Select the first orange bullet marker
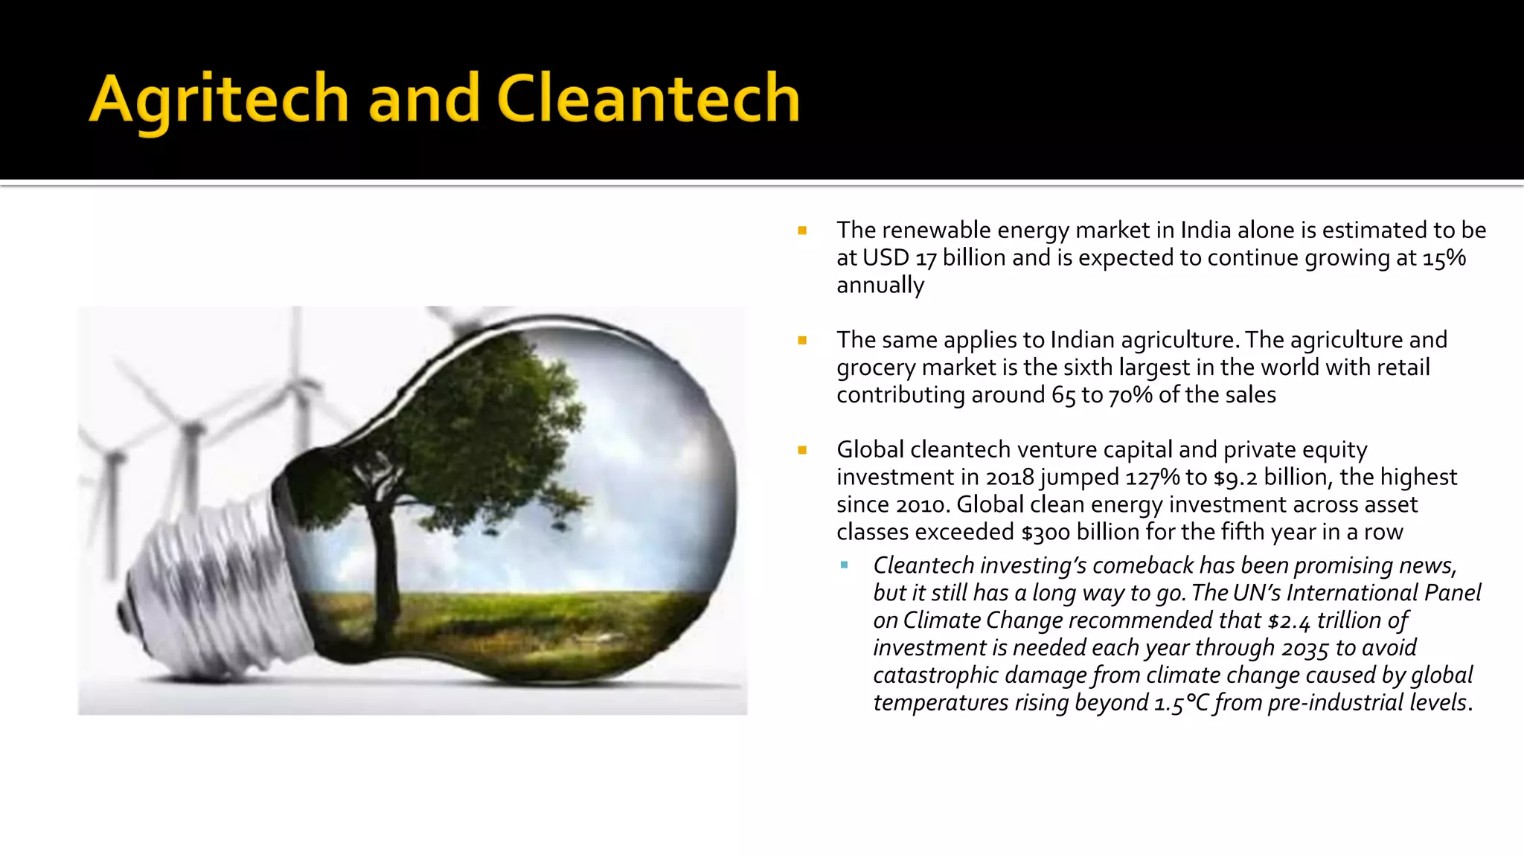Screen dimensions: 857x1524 pos(802,231)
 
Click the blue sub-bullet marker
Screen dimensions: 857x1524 pos(844,565)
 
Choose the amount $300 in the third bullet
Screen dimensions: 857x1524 pos(1046,533)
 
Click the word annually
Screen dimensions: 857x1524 pos(880,286)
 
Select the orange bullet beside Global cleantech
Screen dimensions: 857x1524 pos(802,450)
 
